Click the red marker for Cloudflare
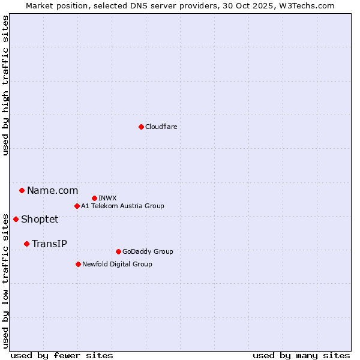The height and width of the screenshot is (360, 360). (141, 127)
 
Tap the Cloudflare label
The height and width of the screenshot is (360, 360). (161, 127)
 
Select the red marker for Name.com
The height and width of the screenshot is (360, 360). (22, 190)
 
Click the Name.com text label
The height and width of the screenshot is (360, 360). (52, 190)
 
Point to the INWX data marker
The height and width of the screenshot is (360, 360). (94, 198)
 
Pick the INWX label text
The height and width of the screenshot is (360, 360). (107, 198)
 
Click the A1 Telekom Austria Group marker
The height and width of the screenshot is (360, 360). (77, 206)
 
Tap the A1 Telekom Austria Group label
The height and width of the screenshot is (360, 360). (122, 206)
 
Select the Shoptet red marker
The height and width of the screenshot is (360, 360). (16, 219)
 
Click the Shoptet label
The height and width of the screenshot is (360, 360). (40, 219)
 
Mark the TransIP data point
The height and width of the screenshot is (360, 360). (26, 244)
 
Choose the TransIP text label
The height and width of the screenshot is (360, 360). (49, 244)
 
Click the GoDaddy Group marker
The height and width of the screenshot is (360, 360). (118, 251)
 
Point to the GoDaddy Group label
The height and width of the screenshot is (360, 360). (148, 251)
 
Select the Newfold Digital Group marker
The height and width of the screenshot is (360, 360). (78, 264)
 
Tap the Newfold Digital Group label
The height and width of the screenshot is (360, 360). (117, 264)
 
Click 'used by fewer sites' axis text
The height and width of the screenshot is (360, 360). (61, 355)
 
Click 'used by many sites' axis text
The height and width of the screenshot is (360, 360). (301, 355)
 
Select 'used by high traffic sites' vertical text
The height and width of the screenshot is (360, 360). (6, 85)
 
